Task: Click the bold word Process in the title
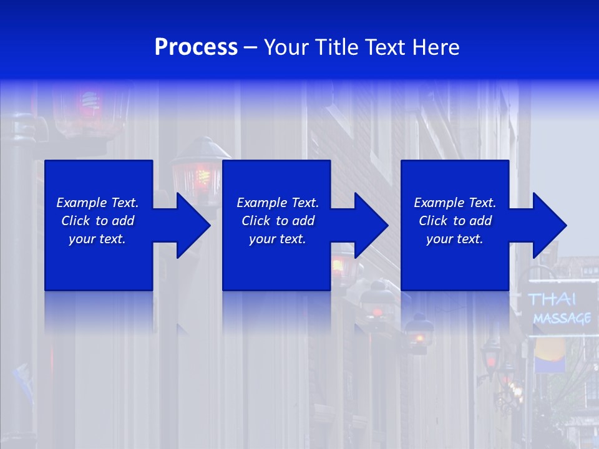[x=196, y=47]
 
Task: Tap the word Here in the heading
[x=436, y=47]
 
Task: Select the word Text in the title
[x=387, y=47]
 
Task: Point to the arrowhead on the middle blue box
[x=370, y=225]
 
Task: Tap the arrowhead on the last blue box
[x=548, y=225]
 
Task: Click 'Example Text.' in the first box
[x=97, y=203]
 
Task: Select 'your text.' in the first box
[x=97, y=239]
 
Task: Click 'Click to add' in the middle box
[x=278, y=221]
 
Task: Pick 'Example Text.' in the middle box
[x=278, y=203]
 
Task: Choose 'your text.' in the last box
[x=455, y=239]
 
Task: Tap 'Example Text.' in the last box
[x=455, y=203]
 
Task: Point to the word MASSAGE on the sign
[x=562, y=319]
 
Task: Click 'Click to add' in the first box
[x=97, y=221]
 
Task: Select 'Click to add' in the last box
[x=455, y=221]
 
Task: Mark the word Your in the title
[x=286, y=47]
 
